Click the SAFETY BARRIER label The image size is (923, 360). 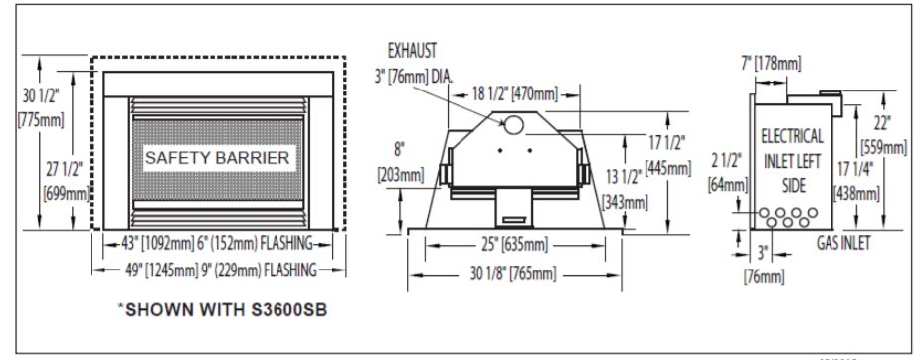[x=217, y=158]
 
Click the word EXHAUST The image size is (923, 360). [x=412, y=51]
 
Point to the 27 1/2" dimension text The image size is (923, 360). [x=67, y=181]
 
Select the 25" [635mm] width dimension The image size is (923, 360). [x=515, y=244]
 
